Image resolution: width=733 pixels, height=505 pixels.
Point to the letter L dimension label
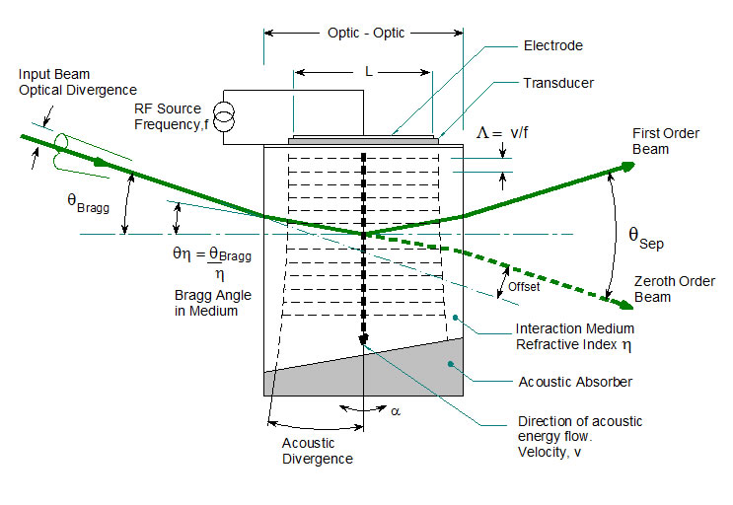click(x=367, y=71)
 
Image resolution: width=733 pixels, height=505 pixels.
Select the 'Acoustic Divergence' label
click(x=314, y=451)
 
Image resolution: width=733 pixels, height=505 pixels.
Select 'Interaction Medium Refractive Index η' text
click(x=575, y=335)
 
